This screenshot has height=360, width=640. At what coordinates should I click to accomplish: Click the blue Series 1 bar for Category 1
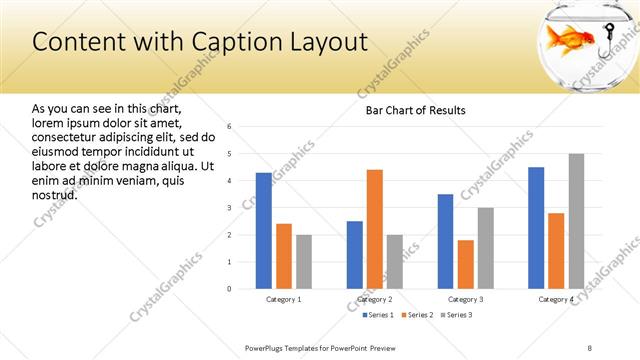[x=263, y=230]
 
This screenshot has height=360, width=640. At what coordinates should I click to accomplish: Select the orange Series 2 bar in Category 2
[x=375, y=229]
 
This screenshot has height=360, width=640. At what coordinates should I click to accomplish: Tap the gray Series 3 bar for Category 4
[x=576, y=221]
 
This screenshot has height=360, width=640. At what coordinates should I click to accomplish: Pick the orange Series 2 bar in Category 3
[x=466, y=264]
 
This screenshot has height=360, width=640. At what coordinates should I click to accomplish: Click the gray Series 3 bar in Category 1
[x=304, y=261]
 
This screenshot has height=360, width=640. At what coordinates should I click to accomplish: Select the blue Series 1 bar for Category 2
[x=355, y=255]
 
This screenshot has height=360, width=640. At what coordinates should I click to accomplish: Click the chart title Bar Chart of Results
[x=415, y=110]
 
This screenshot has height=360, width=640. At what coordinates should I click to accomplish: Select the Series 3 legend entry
[x=455, y=315]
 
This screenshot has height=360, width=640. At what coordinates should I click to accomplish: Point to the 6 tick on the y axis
[x=230, y=127]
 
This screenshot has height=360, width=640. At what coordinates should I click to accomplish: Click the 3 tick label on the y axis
[x=230, y=208]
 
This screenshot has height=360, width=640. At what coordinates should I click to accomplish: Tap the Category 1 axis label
[x=283, y=299]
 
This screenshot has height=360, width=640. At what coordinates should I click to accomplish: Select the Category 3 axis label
[x=465, y=299]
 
